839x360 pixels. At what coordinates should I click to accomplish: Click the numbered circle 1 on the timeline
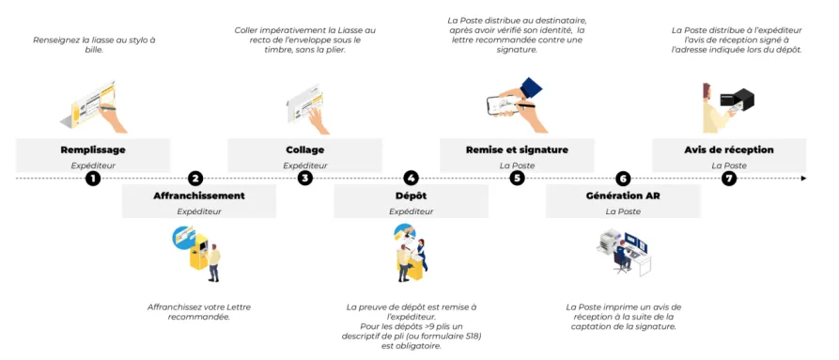tap(93, 179)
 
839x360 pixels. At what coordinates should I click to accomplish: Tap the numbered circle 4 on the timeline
tap(411, 179)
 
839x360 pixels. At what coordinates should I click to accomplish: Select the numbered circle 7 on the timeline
tap(728, 179)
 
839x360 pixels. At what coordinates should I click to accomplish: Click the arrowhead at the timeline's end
tap(803, 179)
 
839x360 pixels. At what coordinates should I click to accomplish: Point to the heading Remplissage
tap(93, 149)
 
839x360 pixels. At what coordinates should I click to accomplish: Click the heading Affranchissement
tap(199, 196)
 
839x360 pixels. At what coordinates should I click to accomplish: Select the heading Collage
tap(305, 149)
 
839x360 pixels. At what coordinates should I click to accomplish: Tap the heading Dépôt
tap(411, 196)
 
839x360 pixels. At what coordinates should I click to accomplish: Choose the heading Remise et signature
tap(517, 149)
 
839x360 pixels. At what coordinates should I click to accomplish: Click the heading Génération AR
tap(623, 196)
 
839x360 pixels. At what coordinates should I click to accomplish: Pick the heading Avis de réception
tap(729, 149)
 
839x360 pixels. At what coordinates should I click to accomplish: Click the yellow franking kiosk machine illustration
tap(198, 250)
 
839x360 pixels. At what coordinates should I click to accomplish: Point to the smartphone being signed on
tap(504, 105)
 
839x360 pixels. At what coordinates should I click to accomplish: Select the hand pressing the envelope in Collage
tap(318, 119)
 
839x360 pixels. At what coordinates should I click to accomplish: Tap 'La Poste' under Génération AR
tap(623, 211)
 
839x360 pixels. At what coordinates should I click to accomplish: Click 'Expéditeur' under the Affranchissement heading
tap(199, 211)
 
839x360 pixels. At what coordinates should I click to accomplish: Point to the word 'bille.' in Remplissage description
tap(93, 49)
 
